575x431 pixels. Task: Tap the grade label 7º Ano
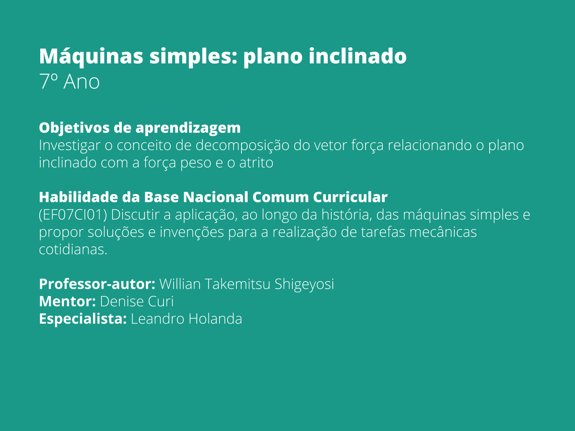[x=69, y=82]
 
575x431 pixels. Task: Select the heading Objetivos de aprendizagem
[x=140, y=128]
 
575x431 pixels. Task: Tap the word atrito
[x=256, y=163]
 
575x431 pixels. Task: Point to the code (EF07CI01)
[x=73, y=215]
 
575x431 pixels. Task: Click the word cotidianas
[x=73, y=249]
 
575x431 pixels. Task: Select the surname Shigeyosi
[x=304, y=284]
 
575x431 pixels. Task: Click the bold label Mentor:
[x=67, y=301]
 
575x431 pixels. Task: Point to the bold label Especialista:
[x=83, y=319]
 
